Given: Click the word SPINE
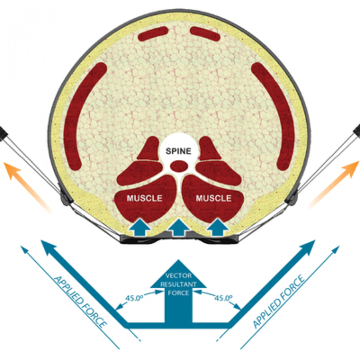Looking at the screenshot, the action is point(178,151).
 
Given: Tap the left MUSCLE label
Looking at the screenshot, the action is point(144,198).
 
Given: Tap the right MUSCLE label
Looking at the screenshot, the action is point(214,198).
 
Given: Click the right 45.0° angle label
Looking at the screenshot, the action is point(223,298).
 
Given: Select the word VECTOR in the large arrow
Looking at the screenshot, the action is point(178,276).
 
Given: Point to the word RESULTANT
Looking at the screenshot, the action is point(178,284).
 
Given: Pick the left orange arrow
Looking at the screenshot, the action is point(28,188).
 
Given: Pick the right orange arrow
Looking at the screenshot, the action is point(333,185).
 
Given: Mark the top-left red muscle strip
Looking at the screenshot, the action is point(153,34).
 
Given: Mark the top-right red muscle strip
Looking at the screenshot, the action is point(205,34).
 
